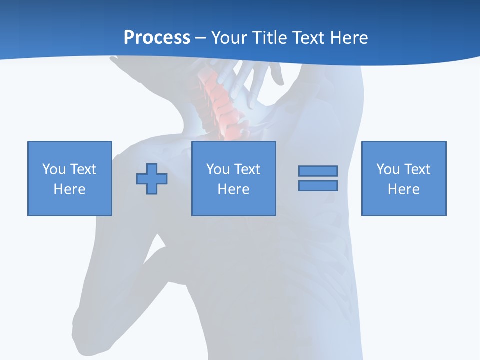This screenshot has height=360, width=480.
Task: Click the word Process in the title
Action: point(157,38)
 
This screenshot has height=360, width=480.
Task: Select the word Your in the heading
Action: point(229,38)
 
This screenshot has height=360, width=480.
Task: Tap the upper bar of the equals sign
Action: point(318,171)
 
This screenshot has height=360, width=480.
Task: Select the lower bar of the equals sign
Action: point(318,185)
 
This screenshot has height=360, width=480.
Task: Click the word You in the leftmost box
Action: point(54,169)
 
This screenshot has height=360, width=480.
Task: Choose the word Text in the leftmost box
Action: point(82,169)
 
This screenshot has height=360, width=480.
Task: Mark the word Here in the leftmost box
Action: point(69,189)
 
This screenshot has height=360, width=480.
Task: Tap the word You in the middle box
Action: point(218,169)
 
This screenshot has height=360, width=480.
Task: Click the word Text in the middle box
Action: point(246,169)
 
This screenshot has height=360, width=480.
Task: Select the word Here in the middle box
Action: point(233,189)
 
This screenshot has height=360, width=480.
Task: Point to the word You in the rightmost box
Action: point(388,169)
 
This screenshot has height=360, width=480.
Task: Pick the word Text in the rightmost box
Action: point(416,169)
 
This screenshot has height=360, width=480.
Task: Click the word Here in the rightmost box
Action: point(403,189)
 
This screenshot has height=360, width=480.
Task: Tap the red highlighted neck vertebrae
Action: point(222,102)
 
